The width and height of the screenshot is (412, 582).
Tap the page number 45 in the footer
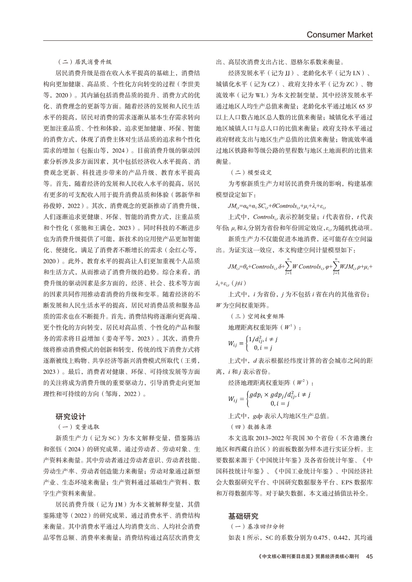(369, 556)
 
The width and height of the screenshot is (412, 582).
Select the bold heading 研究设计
(71, 416)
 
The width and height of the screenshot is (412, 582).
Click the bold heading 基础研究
(244, 516)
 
